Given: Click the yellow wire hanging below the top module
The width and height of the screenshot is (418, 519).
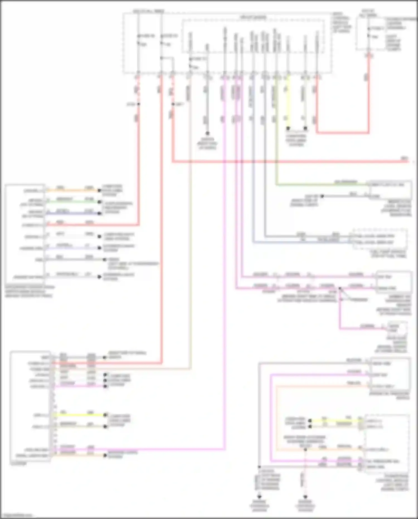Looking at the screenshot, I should pyautogui.click(x=288, y=103).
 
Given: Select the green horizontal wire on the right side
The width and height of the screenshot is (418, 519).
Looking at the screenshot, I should pyautogui.click(x=320, y=185).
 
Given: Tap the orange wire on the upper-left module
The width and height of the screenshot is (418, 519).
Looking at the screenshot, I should pyautogui.click(x=72, y=191).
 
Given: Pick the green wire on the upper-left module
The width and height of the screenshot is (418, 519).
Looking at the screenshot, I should pyautogui.click(x=72, y=202).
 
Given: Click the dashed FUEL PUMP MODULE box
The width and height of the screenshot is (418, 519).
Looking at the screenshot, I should pyautogui.click(x=380, y=239).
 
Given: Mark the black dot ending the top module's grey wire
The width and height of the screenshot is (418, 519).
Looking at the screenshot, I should pyautogui.click(x=207, y=134).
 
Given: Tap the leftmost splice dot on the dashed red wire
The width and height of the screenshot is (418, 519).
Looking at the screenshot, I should pyautogui.click(x=138, y=104).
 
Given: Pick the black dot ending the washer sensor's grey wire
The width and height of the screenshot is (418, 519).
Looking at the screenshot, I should pyautogui.click(x=322, y=196).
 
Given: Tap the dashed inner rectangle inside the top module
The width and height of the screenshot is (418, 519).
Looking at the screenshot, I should pyautogui.click(x=253, y=36).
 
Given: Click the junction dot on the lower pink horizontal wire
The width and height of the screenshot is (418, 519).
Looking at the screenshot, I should pyautogui.click(x=340, y=288).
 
